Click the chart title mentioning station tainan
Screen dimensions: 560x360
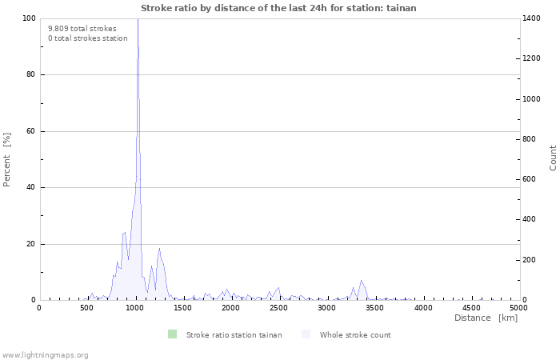(278, 8)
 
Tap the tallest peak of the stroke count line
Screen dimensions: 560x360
(138, 19)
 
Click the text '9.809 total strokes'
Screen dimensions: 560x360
(82, 29)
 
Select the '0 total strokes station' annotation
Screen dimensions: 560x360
(88, 38)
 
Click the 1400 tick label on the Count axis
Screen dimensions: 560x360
(531, 18)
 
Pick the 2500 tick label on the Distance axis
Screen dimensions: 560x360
(278, 308)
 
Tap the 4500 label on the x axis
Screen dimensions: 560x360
(471, 308)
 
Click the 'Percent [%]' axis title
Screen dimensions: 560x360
(6, 160)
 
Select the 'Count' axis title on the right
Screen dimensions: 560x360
(553, 158)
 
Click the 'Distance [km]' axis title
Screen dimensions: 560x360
(486, 318)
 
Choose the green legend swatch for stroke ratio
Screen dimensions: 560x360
(173, 334)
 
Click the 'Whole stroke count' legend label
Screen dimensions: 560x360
(355, 335)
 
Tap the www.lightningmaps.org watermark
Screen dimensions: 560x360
(45, 355)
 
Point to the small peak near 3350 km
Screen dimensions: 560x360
(362, 281)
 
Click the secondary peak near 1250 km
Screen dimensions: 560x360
(159, 249)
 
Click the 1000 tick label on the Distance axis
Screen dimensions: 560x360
(134, 308)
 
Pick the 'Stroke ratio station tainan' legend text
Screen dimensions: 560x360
(234, 335)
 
